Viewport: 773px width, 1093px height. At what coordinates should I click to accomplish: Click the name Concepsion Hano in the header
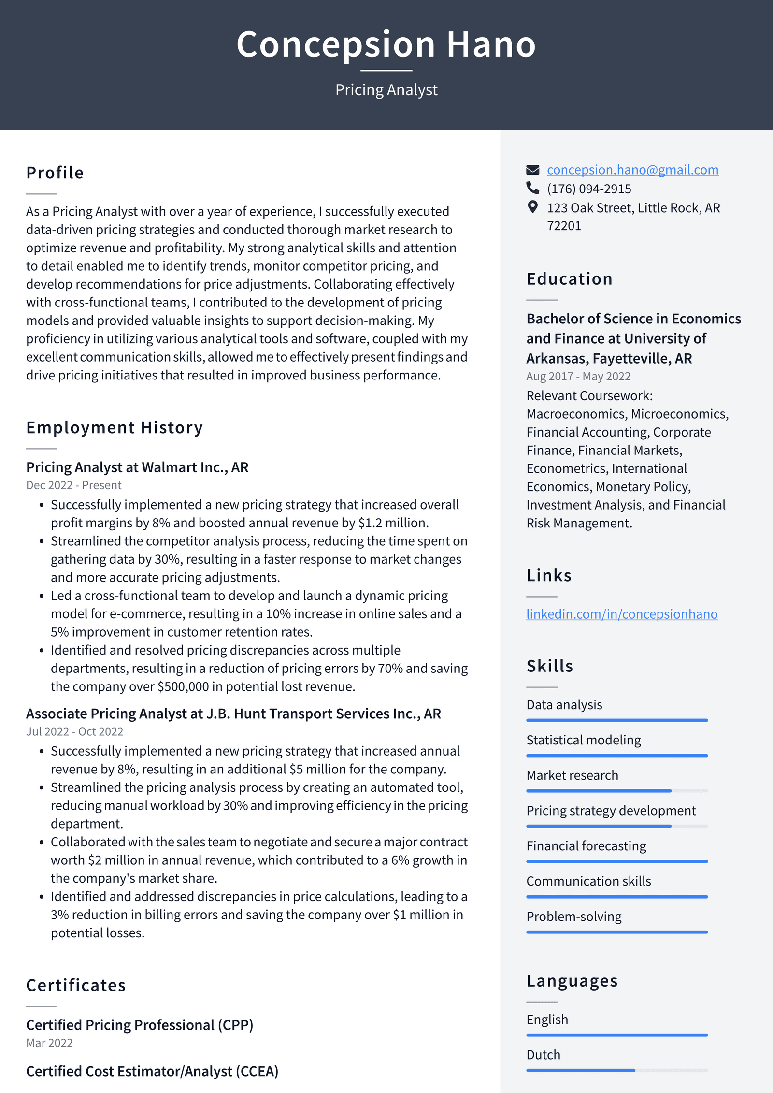click(386, 44)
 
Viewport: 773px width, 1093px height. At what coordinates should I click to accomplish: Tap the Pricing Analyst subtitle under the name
click(386, 90)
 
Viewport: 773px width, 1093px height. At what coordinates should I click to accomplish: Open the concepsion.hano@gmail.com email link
click(632, 170)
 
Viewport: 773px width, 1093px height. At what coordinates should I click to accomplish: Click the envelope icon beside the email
click(532, 170)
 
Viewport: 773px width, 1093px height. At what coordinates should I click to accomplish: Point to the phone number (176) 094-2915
click(588, 189)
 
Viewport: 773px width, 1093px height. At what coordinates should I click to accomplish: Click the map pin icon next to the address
click(532, 207)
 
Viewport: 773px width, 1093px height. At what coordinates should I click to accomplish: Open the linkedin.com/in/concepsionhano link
click(621, 614)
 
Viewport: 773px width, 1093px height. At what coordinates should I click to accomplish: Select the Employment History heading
click(115, 428)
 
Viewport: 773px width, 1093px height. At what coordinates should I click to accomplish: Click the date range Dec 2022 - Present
click(73, 485)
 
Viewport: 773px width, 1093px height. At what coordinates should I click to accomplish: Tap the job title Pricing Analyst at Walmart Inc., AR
click(137, 467)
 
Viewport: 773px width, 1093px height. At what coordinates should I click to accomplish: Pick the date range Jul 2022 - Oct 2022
click(74, 731)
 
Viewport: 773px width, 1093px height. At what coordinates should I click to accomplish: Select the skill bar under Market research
click(616, 791)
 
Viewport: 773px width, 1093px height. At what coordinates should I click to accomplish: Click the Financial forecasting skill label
click(586, 846)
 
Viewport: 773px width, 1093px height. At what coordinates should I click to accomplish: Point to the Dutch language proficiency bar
click(616, 1070)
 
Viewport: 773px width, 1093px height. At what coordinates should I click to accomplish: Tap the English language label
click(547, 1020)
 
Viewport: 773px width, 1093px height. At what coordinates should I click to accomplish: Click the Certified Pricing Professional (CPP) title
click(140, 1025)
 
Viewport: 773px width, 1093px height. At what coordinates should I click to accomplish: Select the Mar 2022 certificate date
click(49, 1043)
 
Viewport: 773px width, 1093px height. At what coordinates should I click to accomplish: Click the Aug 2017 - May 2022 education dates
click(578, 376)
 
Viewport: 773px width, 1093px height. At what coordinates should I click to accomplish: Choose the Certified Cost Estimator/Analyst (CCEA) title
click(152, 1071)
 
